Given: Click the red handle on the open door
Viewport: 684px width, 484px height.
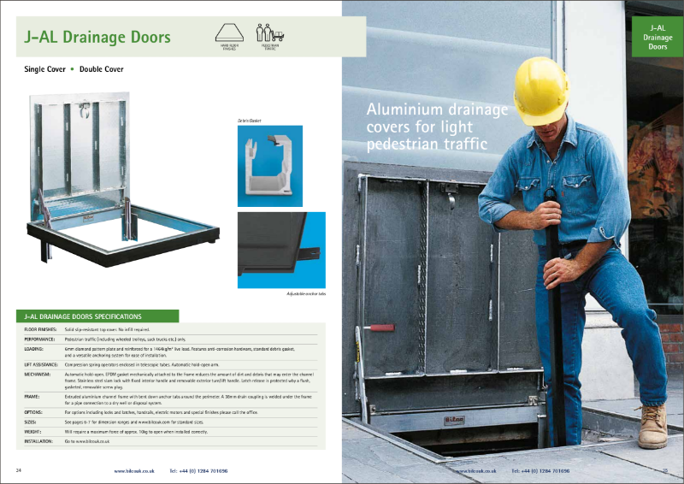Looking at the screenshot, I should tap(380, 327).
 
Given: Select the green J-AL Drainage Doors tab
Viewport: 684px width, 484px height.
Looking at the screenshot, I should tap(657, 37).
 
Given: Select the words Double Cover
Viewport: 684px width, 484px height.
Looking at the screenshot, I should tap(102, 68).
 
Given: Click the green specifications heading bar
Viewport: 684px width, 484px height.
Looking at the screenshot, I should tap(97, 316).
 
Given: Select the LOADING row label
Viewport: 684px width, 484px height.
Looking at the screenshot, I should tap(35, 349).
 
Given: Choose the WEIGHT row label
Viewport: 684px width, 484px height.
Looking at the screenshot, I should tap(33, 430).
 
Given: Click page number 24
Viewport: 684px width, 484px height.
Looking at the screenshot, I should tap(19, 470).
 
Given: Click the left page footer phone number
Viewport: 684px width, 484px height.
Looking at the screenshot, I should tap(198, 470).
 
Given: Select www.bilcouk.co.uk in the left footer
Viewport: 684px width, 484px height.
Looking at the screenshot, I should tap(133, 470).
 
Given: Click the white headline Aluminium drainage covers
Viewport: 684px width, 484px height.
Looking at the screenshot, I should tap(436, 127).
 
